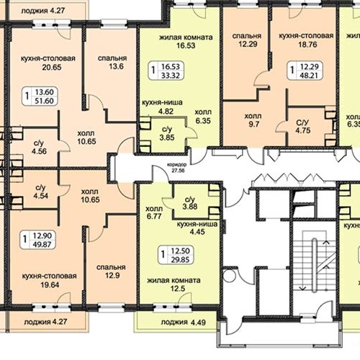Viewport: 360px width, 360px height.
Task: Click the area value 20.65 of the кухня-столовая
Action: (x=52, y=67)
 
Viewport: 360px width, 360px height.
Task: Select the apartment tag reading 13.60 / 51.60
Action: (x=40, y=96)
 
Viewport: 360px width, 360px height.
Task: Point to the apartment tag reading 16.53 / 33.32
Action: (x=166, y=71)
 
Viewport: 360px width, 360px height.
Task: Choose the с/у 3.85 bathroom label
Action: (x=167, y=133)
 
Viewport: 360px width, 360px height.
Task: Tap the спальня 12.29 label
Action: (x=247, y=40)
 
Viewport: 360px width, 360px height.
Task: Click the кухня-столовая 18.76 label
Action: (x=306, y=40)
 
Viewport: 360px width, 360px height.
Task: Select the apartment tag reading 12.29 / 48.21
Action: (x=305, y=71)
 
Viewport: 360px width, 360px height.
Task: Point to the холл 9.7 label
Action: (x=253, y=120)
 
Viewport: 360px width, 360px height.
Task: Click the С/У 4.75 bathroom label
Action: (x=303, y=127)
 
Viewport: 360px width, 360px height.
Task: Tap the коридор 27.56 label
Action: (x=177, y=168)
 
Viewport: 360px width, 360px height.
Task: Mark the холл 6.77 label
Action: (x=154, y=212)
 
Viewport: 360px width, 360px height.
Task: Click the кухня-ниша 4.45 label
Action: (x=197, y=228)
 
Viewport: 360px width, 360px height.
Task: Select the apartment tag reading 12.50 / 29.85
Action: (x=176, y=256)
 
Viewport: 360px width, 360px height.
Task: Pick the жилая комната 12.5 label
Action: (x=174, y=284)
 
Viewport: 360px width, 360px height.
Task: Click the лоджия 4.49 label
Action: (x=184, y=323)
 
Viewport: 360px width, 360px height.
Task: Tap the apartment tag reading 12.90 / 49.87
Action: (x=38, y=240)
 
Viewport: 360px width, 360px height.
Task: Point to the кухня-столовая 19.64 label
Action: (x=49, y=280)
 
